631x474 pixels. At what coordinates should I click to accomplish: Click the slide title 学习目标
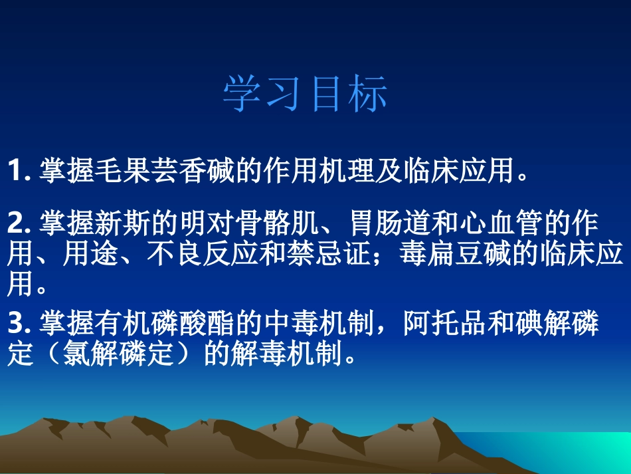tap(305, 94)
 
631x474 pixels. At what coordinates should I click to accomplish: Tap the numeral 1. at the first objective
tap(19, 171)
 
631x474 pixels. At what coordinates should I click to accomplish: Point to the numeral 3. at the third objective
tap(19, 325)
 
